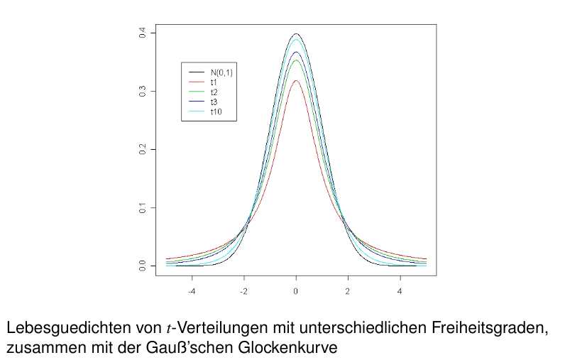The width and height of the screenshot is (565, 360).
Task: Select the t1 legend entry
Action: pos(214,82)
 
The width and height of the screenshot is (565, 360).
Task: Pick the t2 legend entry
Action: pos(214,92)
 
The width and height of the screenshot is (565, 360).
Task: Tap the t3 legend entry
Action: pos(214,102)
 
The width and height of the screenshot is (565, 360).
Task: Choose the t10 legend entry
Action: pos(216,112)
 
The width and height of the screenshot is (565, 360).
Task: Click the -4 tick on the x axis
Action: pos(191,290)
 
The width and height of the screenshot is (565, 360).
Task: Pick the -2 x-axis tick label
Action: pos(243,290)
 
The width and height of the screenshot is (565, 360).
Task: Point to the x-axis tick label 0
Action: pos(296,290)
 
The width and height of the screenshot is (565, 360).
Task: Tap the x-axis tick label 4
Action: pos(400,290)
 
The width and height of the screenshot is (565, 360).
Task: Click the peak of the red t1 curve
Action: pos(296,81)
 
